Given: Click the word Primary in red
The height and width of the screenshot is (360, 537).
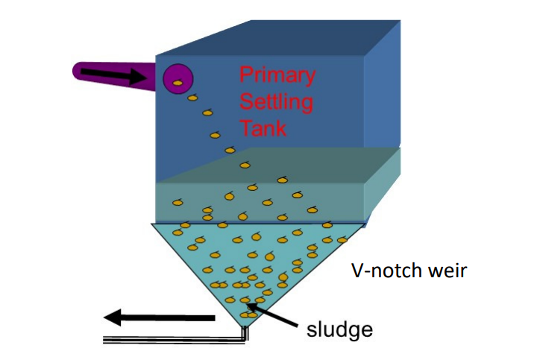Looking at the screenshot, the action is [277, 75].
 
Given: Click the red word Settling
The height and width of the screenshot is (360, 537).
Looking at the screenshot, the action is [276, 101].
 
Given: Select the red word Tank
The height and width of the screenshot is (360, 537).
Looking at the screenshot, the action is [263, 128].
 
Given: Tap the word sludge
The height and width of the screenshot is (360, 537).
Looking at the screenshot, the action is [339, 329].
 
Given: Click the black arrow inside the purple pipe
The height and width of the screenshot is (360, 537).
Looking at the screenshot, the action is [113, 75].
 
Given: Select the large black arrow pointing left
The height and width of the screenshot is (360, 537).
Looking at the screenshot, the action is [160, 318].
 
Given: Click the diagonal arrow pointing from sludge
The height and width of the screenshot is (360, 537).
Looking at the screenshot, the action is [273, 315].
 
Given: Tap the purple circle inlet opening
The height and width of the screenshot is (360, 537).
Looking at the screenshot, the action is [178, 79].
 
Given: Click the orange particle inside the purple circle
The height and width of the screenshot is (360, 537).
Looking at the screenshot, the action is [177, 83].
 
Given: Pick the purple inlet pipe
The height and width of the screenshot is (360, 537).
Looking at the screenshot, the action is [114, 75].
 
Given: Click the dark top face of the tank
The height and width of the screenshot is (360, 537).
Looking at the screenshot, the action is [278, 38].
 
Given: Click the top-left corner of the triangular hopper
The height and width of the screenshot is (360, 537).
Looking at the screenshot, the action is [151, 224].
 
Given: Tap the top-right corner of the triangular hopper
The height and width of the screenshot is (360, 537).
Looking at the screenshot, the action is [365, 224].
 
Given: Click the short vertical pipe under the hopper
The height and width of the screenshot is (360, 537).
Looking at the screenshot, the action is [245, 333].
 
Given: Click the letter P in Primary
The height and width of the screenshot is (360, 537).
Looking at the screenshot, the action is [245, 75].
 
